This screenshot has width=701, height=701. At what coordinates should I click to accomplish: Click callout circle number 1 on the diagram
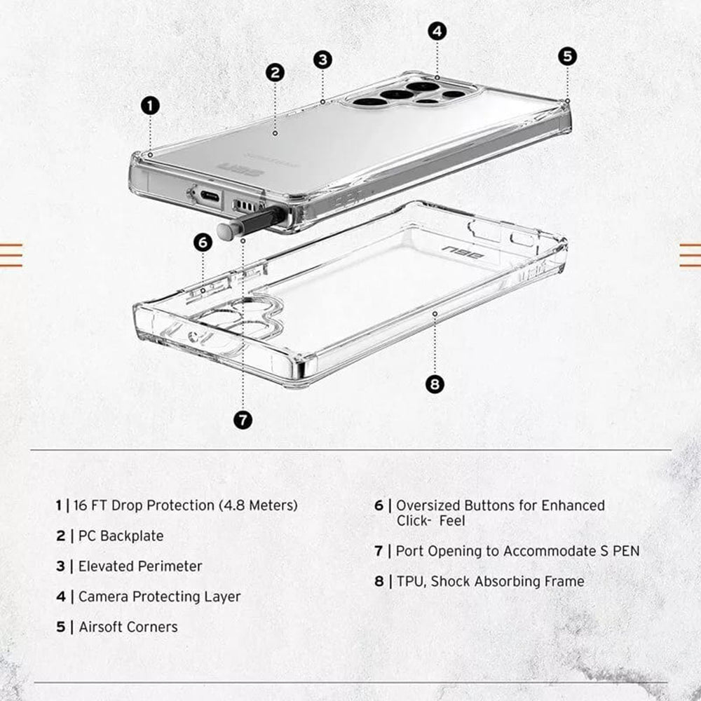150,106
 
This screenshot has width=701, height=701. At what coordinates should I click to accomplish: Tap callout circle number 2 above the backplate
275,72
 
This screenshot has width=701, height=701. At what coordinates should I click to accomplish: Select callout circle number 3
322,60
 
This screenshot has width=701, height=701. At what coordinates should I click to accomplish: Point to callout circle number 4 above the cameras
437,31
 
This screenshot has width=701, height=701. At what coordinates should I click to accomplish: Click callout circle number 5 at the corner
567,57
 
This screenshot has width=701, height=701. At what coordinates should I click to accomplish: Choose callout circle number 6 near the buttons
203,243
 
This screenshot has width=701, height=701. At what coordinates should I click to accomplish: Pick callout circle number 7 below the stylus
243,420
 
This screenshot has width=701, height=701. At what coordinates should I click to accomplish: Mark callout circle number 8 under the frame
435,383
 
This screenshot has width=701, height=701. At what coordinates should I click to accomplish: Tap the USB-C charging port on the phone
210,196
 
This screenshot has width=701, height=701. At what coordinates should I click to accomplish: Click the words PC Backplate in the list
121,536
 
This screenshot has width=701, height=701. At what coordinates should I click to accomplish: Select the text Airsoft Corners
128,627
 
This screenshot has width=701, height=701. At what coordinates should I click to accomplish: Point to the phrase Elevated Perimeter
140,566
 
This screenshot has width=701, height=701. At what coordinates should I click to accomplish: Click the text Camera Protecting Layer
159,597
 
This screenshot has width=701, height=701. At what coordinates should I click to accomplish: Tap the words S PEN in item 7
618,551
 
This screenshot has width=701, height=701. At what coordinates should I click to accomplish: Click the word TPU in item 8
409,581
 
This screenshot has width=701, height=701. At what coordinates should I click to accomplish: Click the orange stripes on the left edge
11,254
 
